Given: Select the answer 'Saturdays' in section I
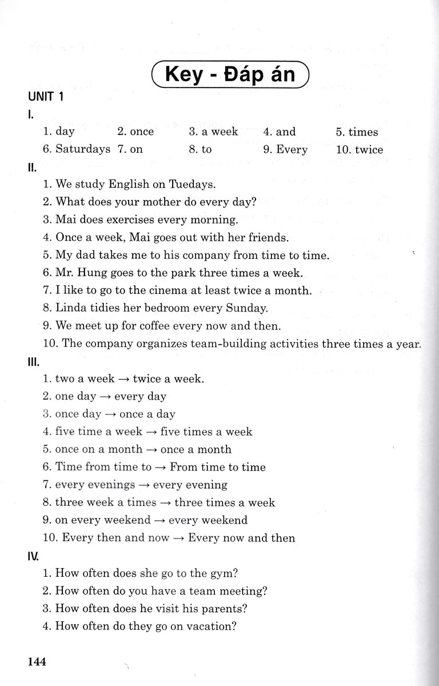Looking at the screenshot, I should [x=83, y=150].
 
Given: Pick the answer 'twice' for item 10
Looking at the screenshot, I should [x=369, y=150].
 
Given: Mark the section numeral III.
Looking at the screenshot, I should [x=32, y=362].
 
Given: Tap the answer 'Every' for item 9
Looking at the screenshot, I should [x=292, y=150].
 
